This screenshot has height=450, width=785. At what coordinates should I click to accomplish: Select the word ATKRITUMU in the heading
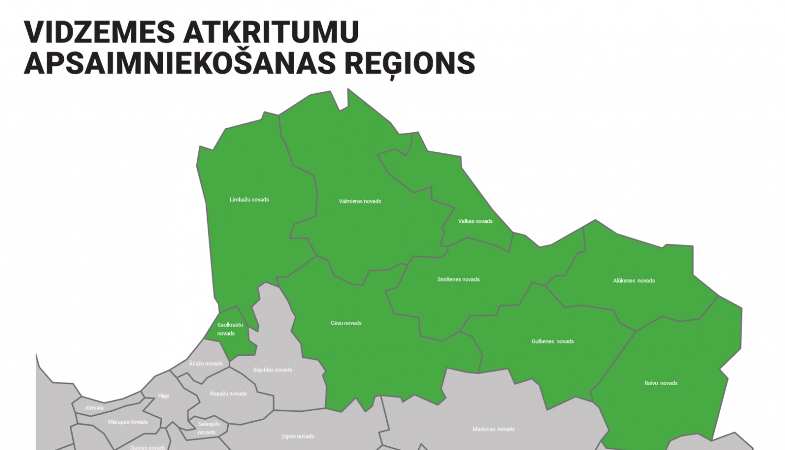pos(271,32)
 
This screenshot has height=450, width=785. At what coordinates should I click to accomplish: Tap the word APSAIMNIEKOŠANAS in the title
pos(180,63)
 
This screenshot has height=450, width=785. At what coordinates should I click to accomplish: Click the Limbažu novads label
pos(249,200)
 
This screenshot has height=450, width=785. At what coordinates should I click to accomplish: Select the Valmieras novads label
pos(360,201)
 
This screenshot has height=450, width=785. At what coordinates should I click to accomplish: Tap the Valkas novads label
pos(475,221)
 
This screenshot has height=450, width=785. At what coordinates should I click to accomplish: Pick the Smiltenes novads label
pos(458,279)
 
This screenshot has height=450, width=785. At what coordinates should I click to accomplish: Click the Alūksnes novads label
pos(634,281)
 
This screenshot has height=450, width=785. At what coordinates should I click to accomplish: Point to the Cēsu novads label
pos(346,323)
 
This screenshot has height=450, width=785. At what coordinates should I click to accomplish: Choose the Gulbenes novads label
pos(553,342)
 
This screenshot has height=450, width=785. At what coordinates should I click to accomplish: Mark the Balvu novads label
pos(661,384)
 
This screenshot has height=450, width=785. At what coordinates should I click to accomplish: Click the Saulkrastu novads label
pos(230,329)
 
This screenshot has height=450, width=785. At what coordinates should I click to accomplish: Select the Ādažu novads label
pos(206,364)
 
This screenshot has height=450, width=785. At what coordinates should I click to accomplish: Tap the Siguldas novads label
pos(272,370)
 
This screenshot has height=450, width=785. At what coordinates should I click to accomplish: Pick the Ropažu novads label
pos(228,394)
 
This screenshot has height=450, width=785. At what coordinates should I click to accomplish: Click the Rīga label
pos(163,396)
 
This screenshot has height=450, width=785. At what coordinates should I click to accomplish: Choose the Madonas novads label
pos(494,430)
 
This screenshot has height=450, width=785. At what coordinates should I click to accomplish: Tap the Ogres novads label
pos(298,436)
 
